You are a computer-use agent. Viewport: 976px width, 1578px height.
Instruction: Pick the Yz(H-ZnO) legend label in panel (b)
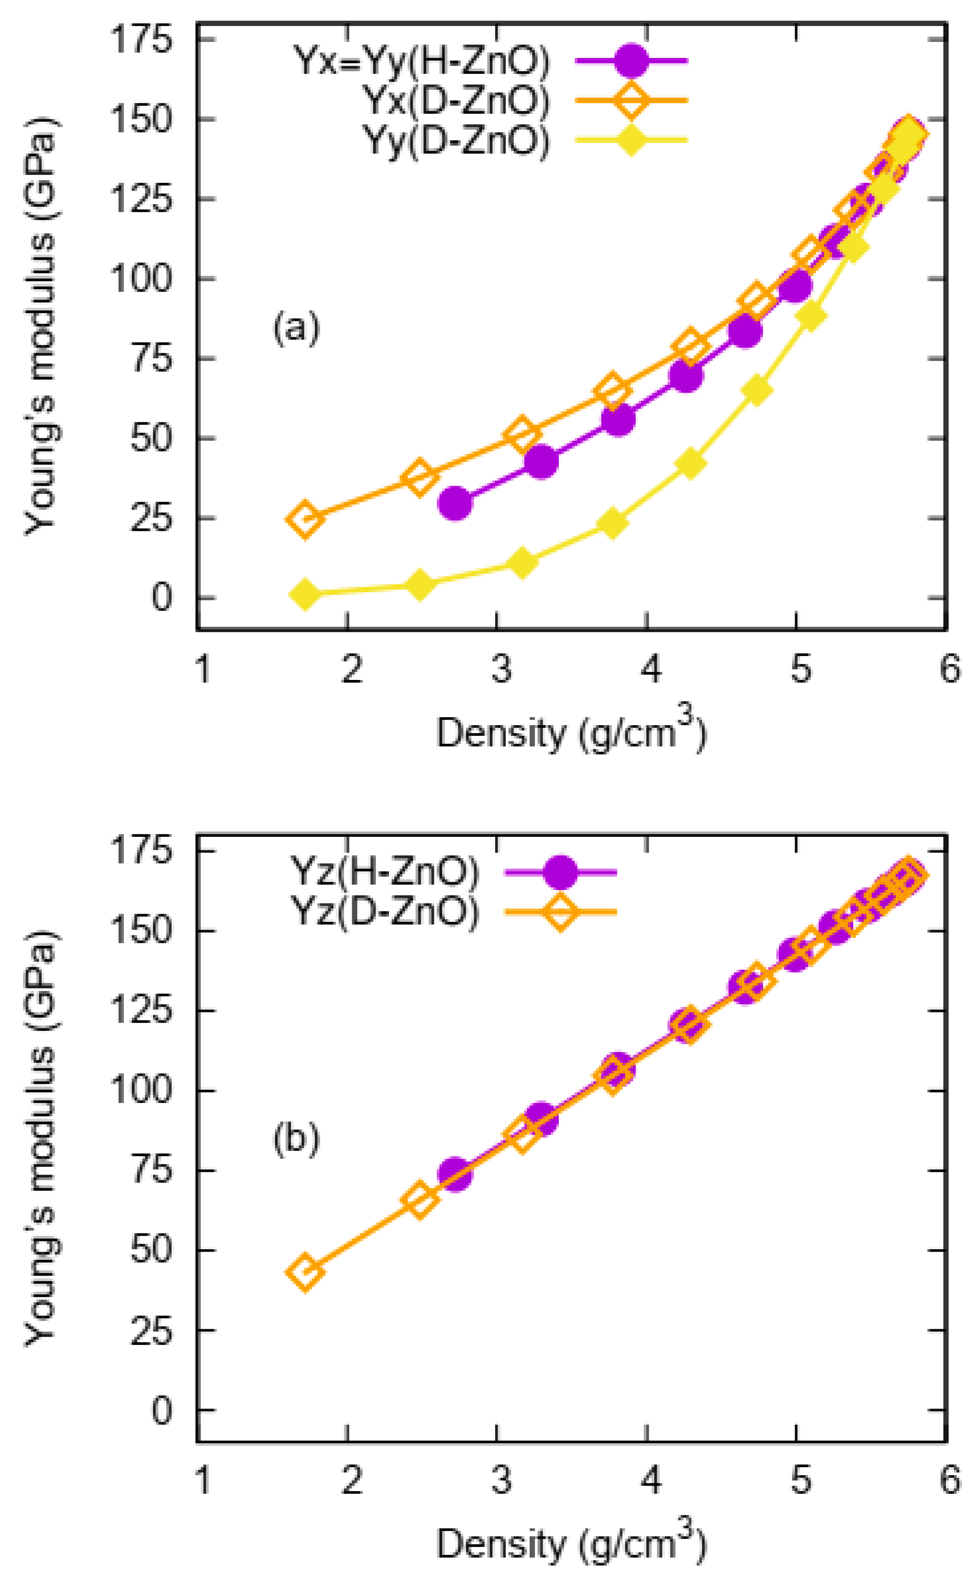tap(385, 872)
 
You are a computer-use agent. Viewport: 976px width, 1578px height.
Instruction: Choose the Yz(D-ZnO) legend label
tap(385, 912)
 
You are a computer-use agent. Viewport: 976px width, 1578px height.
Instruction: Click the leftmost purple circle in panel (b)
tap(456, 1174)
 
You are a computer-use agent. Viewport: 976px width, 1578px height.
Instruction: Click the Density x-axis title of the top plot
tap(571, 733)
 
